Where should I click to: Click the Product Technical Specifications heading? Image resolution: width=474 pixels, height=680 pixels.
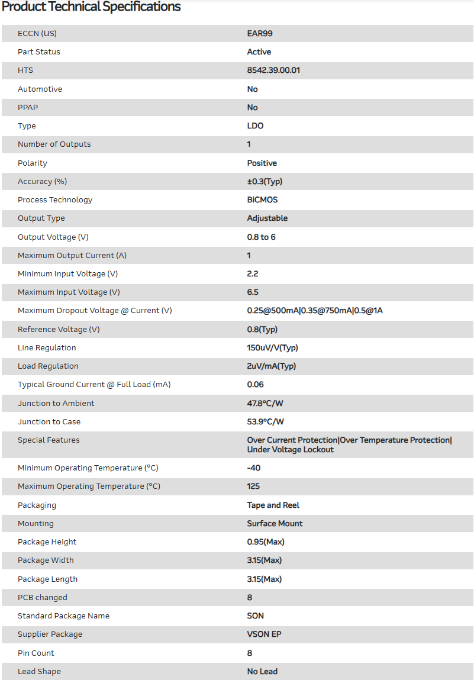click(91, 7)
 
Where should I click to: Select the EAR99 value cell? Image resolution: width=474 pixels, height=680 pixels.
click(260, 34)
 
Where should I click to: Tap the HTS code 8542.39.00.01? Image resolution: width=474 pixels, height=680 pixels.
click(273, 70)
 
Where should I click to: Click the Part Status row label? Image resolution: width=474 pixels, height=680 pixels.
click(39, 52)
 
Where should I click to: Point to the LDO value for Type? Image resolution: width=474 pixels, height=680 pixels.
click(255, 126)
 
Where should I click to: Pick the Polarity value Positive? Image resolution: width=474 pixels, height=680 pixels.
click(262, 163)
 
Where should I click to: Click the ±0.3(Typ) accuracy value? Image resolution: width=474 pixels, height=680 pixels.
click(269, 182)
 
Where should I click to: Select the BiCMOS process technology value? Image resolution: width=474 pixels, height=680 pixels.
click(262, 200)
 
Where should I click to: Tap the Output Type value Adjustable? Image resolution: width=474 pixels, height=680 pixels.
click(267, 218)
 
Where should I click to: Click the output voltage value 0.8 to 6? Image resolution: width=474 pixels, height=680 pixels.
click(261, 237)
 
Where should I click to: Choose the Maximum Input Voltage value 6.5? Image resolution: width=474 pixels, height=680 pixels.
click(253, 292)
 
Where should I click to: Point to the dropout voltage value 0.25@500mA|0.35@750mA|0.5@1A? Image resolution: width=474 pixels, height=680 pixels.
click(315, 311)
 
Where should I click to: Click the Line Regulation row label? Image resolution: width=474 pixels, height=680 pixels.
click(47, 348)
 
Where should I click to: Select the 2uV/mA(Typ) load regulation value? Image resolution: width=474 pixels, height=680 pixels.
click(272, 366)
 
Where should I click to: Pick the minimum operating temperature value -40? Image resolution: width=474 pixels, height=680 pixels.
click(254, 468)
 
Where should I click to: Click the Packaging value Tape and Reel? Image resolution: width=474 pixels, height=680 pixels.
click(273, 505)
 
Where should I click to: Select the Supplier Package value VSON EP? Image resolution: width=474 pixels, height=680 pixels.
click(264, 634)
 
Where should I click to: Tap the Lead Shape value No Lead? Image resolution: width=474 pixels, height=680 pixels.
click(262, 672)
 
